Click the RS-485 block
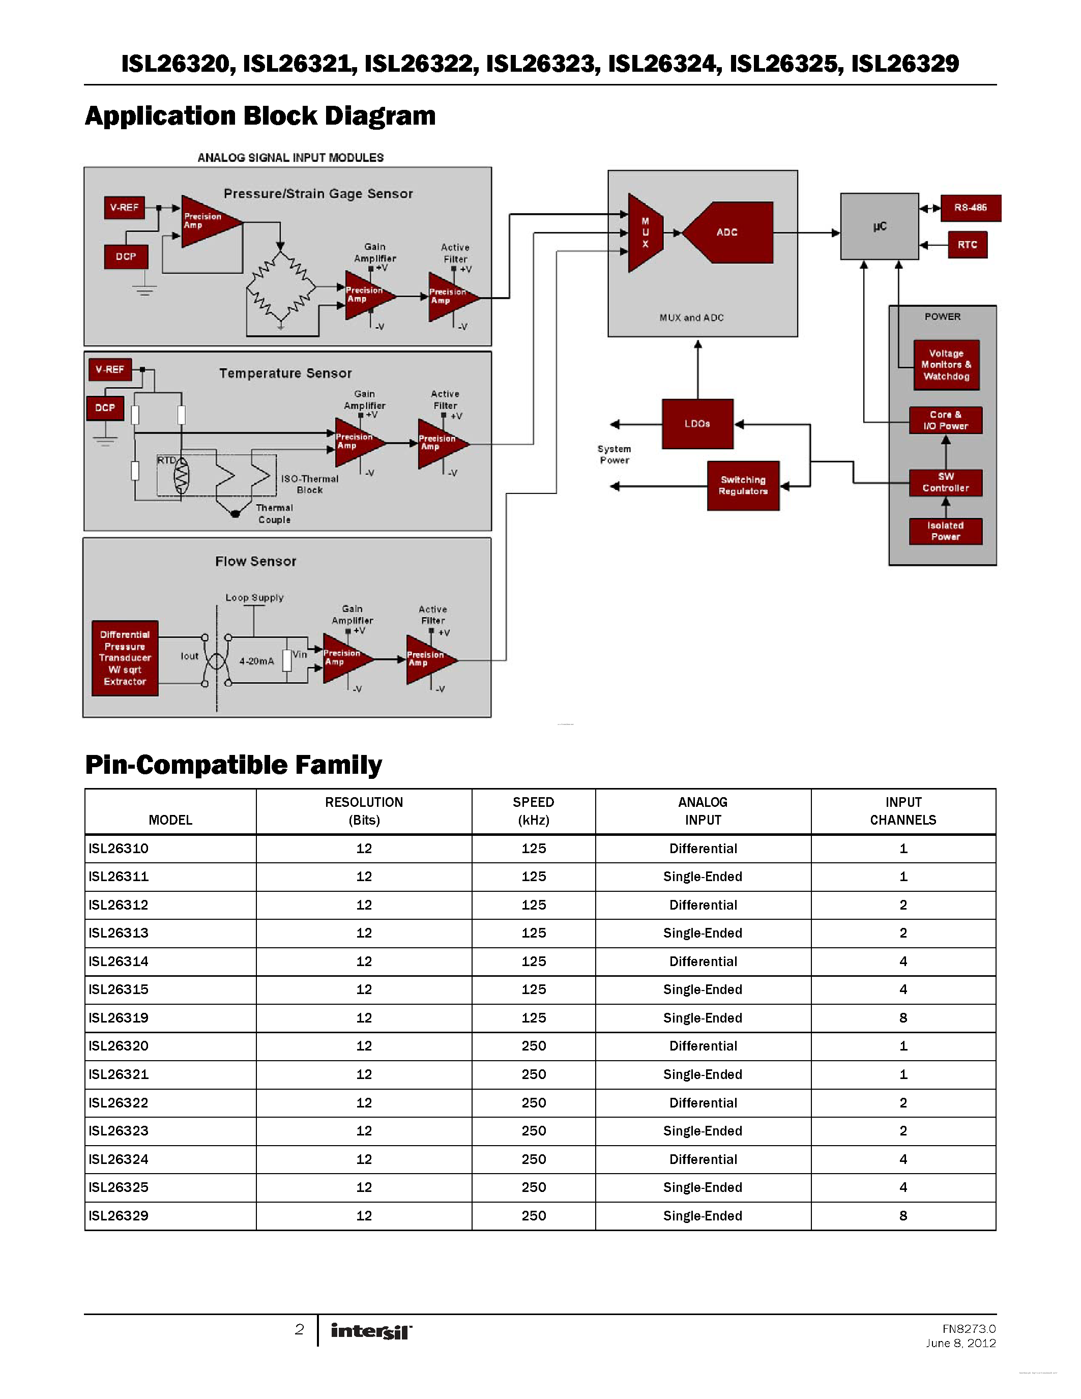point(970,208)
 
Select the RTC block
point(967,245)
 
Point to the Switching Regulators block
point(743,485)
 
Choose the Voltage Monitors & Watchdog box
point(946,365)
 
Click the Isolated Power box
point(945,531)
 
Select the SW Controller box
point(945,482)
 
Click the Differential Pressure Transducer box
point(125,658)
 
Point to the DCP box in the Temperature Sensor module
point(105,408)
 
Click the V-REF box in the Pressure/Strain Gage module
point(124,208)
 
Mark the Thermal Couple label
point(274,514)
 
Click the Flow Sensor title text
point(255,562)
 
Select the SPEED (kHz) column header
point(534,811)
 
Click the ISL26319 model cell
point(119,1018)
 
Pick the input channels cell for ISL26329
point(903,1216)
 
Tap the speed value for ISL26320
point(534,1046)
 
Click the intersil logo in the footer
point(371,1331)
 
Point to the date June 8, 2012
point(960,1343)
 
